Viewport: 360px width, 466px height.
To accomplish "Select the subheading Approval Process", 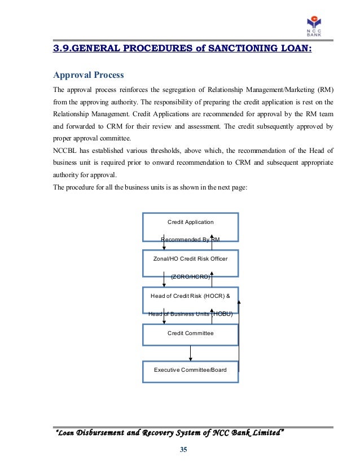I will click(89, 75).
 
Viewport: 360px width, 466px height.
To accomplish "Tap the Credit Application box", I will click(191, 227).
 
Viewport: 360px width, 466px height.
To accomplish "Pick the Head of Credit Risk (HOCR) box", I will click(191, 300).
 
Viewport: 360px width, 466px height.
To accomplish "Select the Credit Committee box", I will click(191, 334).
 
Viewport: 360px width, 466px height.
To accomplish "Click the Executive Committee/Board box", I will click(191, 370).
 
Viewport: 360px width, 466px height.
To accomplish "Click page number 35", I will click(183, 450).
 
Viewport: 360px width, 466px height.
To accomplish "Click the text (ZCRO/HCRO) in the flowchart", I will click(191, 277).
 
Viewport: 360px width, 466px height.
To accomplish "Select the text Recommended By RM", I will click(190, 240).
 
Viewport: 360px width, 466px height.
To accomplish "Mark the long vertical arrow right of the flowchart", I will click(239, 341).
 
